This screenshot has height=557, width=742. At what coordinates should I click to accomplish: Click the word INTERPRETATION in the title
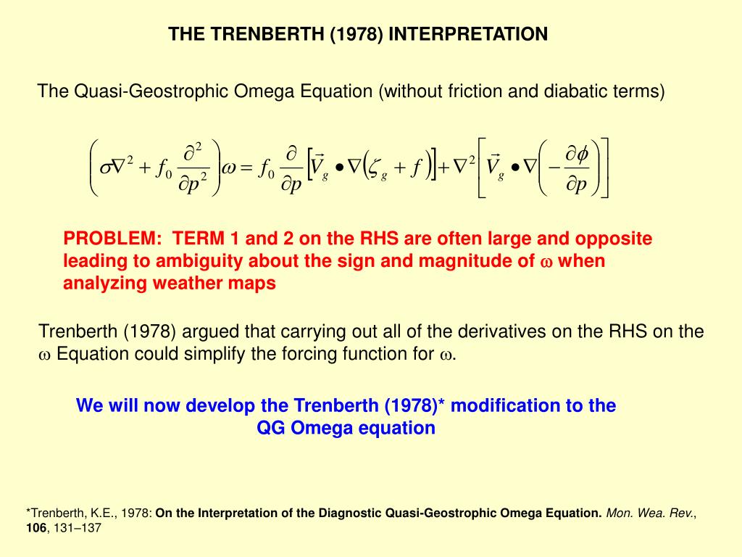click(x=468, y=34)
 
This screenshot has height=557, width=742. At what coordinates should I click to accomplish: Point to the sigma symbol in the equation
click(x=106, y=168)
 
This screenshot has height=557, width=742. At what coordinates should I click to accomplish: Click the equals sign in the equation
click(x=246, y=168)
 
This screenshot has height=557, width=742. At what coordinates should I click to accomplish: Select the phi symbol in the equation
click(x=583, y=154)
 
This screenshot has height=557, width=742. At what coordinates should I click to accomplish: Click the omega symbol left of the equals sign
click(x=228, y=168)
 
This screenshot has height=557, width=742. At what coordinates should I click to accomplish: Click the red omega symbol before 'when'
click(x=546, y=263)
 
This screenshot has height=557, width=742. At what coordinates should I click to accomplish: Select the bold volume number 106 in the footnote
click(x=36, y=528)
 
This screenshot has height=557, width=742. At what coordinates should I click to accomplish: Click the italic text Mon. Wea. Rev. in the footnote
click(x=650, y=513)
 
